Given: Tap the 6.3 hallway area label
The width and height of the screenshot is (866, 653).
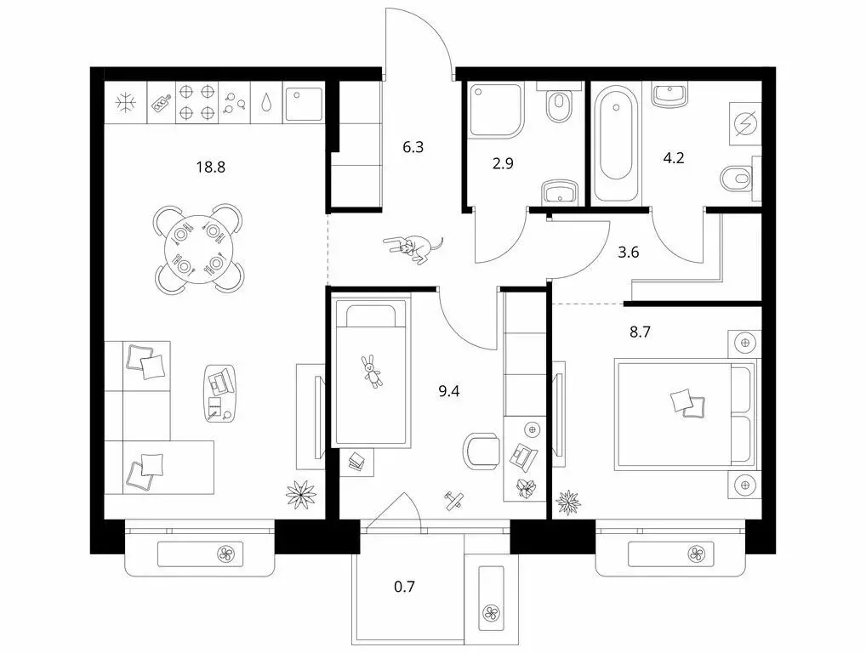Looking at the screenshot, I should pyautogui.click(x=413, y=147).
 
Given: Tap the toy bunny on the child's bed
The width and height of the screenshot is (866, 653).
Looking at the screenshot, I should pyautogui.click(x=373, y=372).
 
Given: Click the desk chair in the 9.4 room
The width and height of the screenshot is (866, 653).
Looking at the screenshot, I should pyautogui.click(x=482, y=450).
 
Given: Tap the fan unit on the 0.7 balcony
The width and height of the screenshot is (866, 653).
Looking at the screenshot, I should pyautogui.click(x=491, y=613).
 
